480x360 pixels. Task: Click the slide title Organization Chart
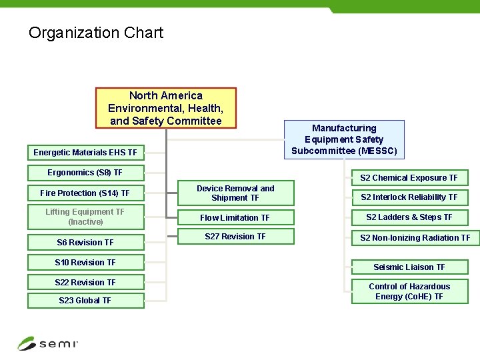pos(95,33)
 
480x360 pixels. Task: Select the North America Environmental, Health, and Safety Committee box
pos(165,107)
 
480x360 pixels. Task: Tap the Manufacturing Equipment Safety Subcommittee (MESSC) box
pos(344,139)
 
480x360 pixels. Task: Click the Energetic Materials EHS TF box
pos(85,153)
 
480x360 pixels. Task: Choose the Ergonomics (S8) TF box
pos(85,173)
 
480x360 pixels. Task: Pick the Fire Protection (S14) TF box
pos(85,193)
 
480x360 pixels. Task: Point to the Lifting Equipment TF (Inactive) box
pos(85,217)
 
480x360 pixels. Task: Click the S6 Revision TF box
pos(85,243)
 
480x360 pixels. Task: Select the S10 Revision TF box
pos(85,263)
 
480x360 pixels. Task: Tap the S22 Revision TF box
pos(85,283)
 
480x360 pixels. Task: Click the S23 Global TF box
pos(85,301)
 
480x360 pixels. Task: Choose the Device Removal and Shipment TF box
pos(235,193)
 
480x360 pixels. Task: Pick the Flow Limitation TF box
pos(235,218)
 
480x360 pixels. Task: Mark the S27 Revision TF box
pos(235,237)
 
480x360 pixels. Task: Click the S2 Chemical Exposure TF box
pos(409,178)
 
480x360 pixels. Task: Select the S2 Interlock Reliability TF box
pos(409,197)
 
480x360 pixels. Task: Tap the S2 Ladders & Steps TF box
pos(409,217)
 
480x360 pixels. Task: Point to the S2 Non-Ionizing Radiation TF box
pos(415,238)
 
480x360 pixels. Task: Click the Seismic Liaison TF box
pos(409,267)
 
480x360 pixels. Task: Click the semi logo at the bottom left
pos(48,343)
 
